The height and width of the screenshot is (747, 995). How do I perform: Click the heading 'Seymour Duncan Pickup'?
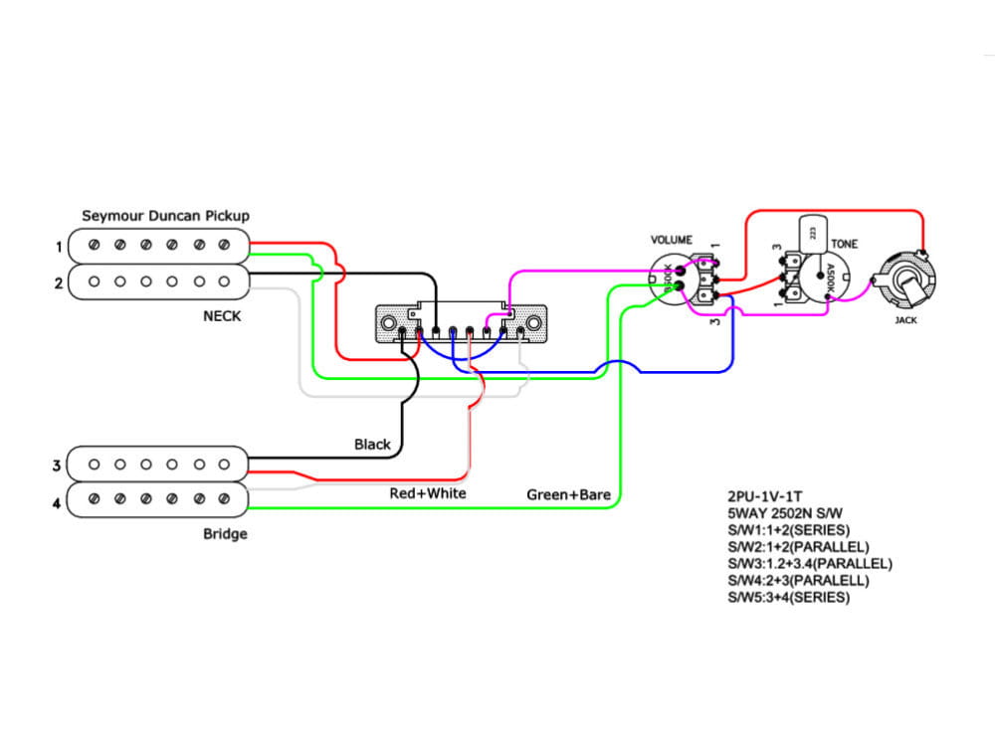(165, 216)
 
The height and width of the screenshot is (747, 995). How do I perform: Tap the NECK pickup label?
(221, 316)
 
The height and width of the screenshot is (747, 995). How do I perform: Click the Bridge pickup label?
(225, 534)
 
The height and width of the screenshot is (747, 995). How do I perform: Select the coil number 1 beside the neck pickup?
(60, 245)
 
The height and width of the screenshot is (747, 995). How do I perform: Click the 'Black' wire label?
(372, 445)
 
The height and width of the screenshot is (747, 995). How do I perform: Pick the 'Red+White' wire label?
(427, 493)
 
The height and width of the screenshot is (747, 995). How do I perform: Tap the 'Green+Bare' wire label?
(568, 494)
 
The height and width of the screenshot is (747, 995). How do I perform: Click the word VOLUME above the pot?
(672, 241)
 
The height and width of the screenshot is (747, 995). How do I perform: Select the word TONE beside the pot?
(845, 244)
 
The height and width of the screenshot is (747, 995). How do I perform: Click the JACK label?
(906, 320)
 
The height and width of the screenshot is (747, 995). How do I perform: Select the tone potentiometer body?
(824, 281)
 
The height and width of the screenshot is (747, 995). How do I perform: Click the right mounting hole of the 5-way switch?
(534, 323)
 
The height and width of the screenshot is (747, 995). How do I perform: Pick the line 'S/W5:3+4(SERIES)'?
(789, 597)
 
